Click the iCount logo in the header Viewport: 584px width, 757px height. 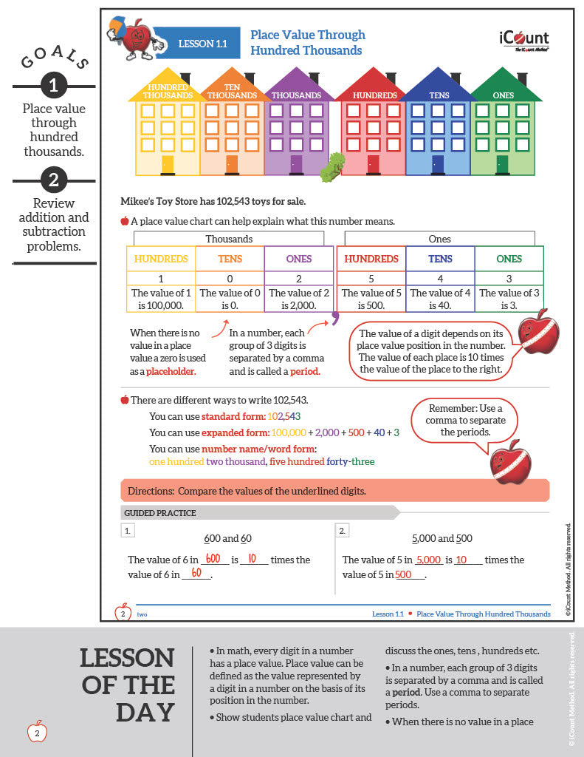[523, 39]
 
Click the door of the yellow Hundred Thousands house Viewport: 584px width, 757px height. [168, 164]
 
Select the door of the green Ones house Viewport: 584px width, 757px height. [503, 163]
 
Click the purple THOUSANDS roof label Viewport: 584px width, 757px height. [296, 95]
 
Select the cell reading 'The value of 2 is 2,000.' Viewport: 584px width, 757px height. [298, 299]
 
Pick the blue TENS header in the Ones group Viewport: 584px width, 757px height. [440, 259]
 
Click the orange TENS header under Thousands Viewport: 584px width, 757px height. [230, 259]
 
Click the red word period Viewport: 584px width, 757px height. [305, 371]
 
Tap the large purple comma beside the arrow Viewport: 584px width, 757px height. [334, 318]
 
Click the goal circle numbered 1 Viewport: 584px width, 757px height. [53, 86]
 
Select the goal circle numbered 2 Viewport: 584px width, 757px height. [53, 180]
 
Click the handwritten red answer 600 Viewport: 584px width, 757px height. [213, 559]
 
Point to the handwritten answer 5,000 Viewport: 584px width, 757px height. [429, 560]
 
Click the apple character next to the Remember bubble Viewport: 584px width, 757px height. [510, 462]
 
